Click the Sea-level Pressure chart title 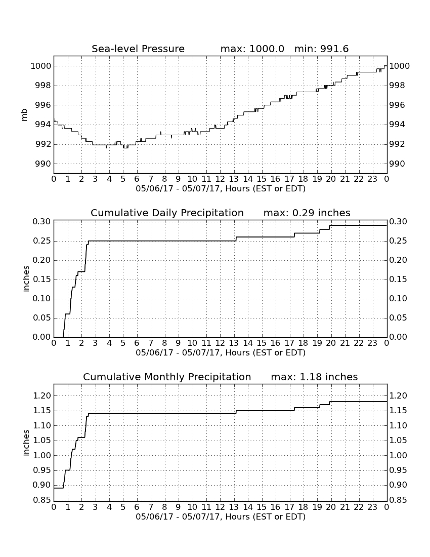(138, 49)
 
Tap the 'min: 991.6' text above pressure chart (321, 49)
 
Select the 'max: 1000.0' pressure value (252, 49)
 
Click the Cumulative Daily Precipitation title (167, 213)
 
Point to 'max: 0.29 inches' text (307, 213)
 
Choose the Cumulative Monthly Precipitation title (167, 377)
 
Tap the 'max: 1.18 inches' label (314, 377)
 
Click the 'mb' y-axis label (24, 115)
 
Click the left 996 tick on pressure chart (41, 105)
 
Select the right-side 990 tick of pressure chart (400, 164)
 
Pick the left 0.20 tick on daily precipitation (41, 260)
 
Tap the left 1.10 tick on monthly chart (41, 425)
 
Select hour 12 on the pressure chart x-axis (220, 179)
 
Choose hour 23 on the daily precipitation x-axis (372, 343)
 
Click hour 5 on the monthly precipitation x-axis (123, 507)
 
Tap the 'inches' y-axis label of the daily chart (25, 279)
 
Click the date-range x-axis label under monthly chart (221, 517)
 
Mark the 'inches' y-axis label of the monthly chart (25, 443)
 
